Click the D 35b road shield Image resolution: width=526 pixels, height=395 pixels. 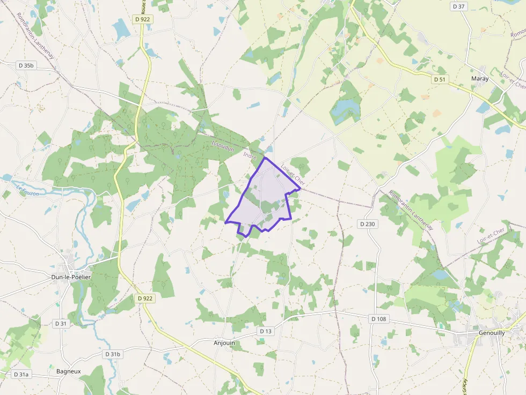pos(26,65)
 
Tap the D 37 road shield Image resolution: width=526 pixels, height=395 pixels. pos(459,6)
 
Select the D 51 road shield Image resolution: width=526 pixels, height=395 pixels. pos(440,79)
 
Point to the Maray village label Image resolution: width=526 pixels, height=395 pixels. pos(479,79)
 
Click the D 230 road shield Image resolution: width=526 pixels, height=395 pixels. pos(368,223)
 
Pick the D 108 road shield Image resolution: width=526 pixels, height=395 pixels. pos(378,319)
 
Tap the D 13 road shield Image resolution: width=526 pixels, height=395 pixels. pos(266,331)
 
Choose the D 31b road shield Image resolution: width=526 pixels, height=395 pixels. pos(113,354)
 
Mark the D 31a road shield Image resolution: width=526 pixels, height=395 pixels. pos(21,374)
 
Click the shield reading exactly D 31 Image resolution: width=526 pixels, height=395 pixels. pos(61,323)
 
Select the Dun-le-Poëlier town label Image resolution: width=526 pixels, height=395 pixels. pos(70,277)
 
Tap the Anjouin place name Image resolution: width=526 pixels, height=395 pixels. pos(224,343)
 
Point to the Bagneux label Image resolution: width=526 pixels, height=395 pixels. pos(68,371)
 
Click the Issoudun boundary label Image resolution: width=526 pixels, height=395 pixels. pos(223,146)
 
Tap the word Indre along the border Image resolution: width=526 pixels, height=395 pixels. pos(250,156)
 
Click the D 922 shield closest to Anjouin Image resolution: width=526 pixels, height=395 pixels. pos(144,298)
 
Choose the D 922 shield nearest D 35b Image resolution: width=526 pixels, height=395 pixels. pos(143,20)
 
